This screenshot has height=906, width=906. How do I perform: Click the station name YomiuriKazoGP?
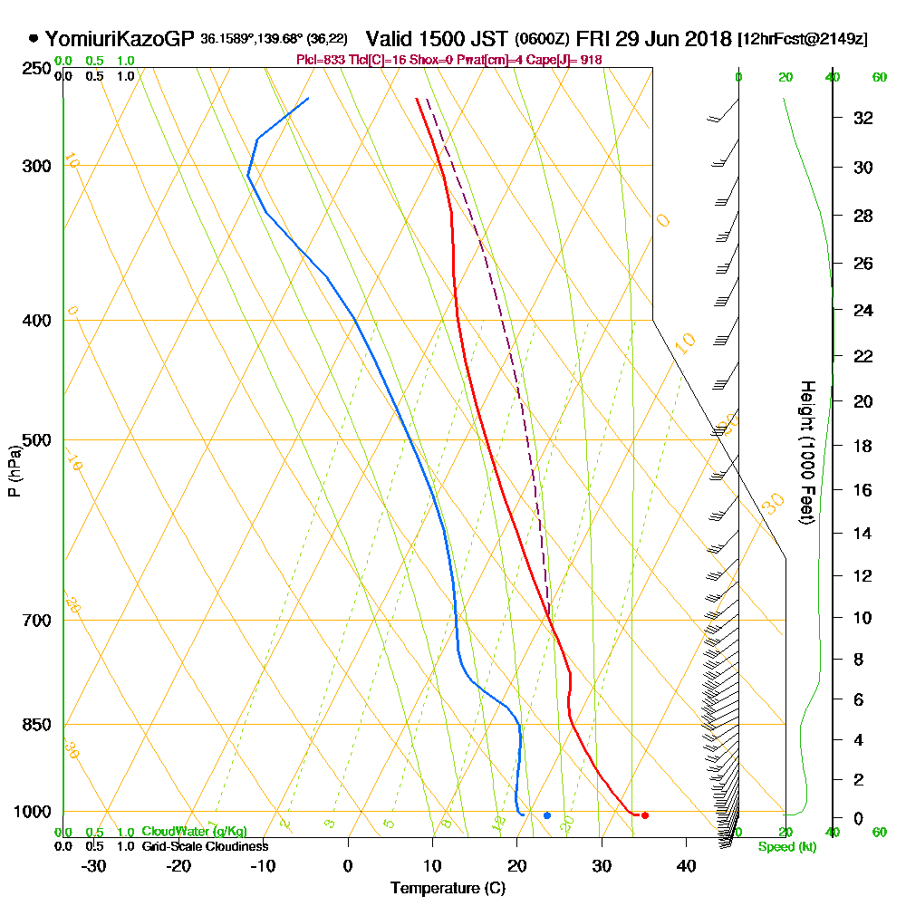point(120,39)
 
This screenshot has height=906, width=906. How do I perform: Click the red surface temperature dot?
point(644,815)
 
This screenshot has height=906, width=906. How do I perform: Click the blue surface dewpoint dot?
point(547,815)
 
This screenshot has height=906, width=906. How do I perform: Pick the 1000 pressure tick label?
point(33,812)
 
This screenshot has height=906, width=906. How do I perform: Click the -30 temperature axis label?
point(93,865)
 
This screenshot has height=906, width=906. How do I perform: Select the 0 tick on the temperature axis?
point(348,865)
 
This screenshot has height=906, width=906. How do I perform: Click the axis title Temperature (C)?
point(448,889)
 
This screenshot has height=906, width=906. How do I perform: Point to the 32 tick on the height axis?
point(863,118)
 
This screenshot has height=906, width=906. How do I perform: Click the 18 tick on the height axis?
point(863,446)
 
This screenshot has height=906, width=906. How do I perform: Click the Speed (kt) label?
point(786,847)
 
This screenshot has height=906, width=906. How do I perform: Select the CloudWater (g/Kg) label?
point(194,832)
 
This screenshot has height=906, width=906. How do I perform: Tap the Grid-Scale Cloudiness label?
point(204,846)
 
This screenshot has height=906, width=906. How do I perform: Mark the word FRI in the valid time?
point(593,39)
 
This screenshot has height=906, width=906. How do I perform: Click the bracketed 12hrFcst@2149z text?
point(803,39)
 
